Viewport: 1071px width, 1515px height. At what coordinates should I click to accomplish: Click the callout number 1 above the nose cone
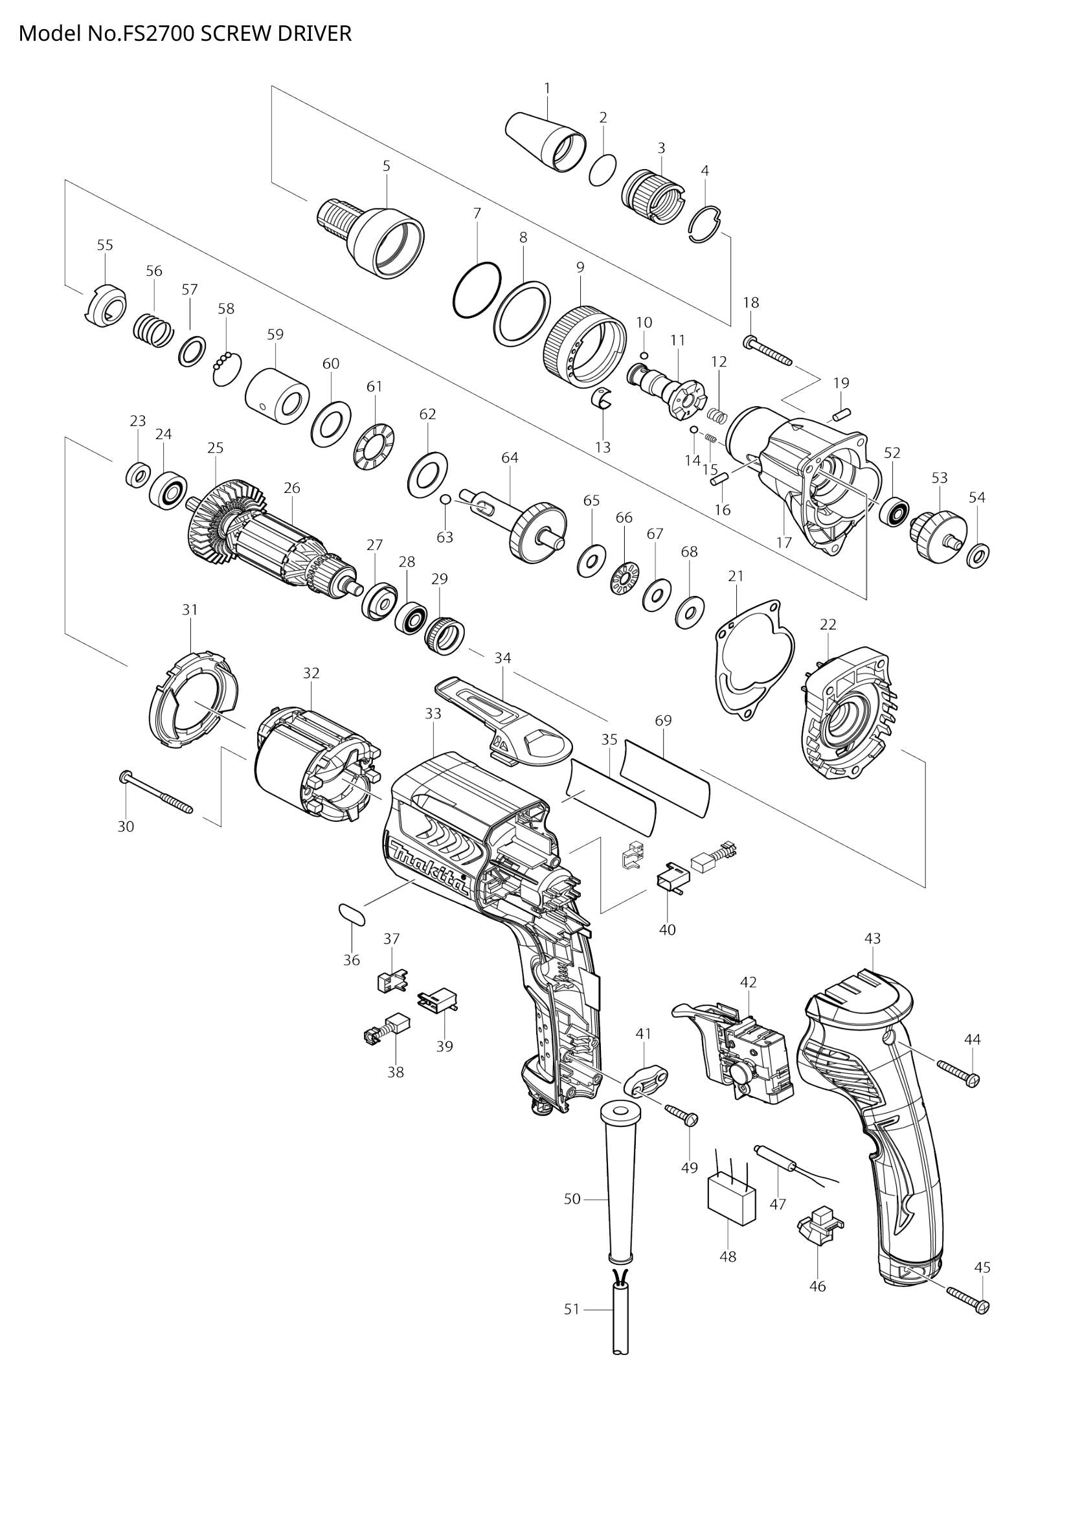547,87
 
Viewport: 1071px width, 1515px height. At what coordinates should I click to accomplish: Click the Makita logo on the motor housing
429,869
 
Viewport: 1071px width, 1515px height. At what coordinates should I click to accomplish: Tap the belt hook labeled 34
501,716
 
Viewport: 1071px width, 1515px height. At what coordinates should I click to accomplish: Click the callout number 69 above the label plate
663,721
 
